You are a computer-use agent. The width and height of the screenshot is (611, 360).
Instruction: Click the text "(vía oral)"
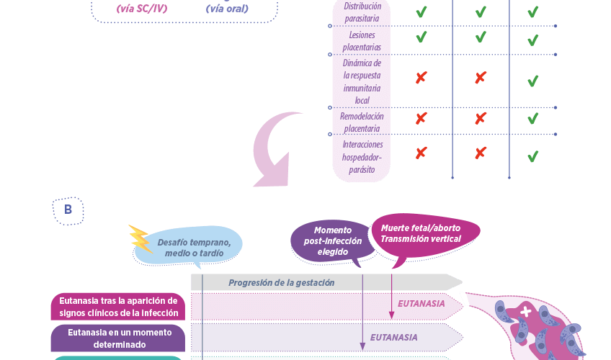coord(226,9)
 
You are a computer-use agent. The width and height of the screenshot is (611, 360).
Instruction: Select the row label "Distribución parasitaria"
coord(361,12)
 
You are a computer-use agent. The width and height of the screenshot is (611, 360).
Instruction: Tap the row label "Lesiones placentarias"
coord(361,41)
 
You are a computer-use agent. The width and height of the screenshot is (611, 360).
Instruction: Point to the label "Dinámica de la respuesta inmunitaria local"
coord(362,81)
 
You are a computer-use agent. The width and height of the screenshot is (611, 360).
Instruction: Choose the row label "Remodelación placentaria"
coord(362,122)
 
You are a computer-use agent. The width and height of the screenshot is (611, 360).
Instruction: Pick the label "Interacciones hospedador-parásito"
coord(362,156)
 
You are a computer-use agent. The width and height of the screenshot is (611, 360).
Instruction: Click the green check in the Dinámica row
coord(532,81)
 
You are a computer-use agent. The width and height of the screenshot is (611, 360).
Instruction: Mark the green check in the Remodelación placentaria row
coord(532,119)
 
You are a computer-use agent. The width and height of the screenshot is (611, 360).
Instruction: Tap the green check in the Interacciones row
coord(532,156)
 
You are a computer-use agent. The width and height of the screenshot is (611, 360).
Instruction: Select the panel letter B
coord(68,210)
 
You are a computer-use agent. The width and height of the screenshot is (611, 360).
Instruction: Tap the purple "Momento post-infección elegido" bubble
coord(332,240)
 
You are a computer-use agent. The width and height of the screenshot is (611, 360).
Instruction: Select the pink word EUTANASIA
coord(422,304)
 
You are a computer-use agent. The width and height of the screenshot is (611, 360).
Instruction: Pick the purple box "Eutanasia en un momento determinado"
coord(118,338)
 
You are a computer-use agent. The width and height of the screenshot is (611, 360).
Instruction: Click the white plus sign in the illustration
coord(526,312)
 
